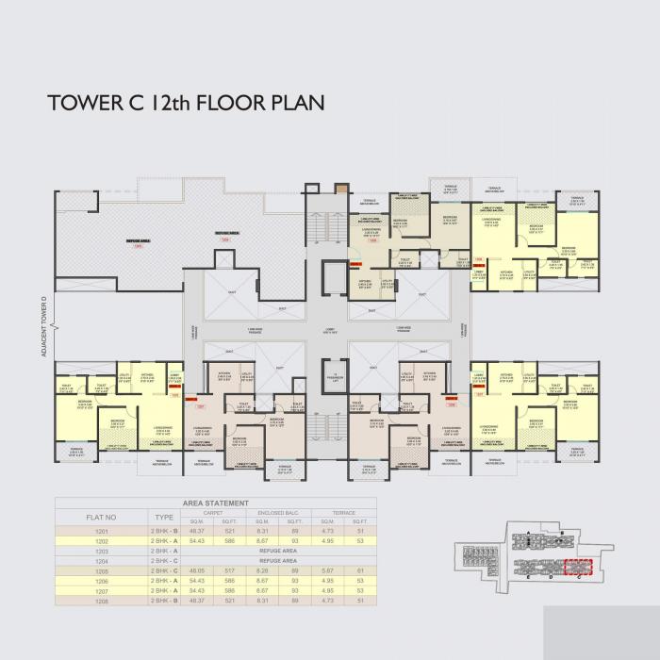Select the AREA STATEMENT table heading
pyautogui.click(x=216, y=503)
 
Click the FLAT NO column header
pyautogui.click(x=100, y=517)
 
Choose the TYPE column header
pyautogui.click(x=164, y=517)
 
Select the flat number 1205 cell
pyautogui.click(x=100, y=570)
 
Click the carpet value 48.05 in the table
pyautogui.click(x=198, y=570)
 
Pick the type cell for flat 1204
pyautogui.click(x=164, y=560)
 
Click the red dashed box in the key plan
pyautogui.click(x=575, y=567)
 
